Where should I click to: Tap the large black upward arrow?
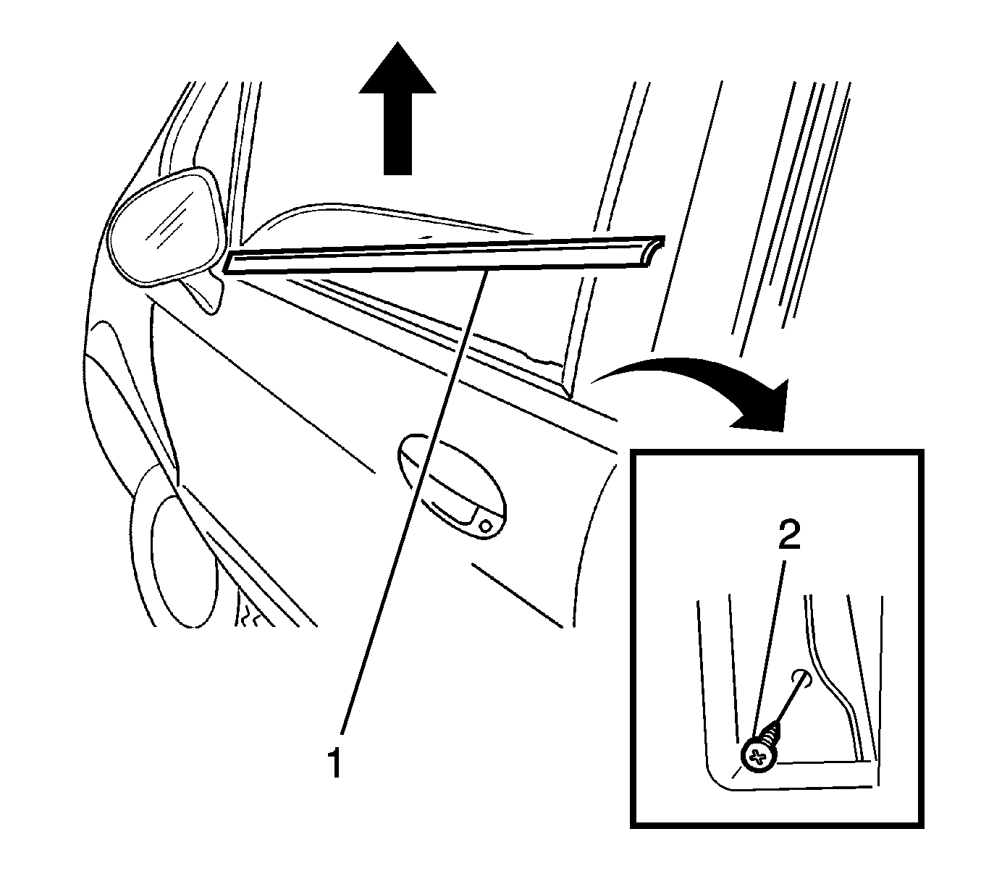point(397,108)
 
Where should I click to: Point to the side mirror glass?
point(164,229)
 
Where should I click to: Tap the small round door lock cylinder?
point(486,526)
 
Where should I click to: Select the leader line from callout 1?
point(413,503)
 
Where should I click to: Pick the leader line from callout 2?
point(770,654)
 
